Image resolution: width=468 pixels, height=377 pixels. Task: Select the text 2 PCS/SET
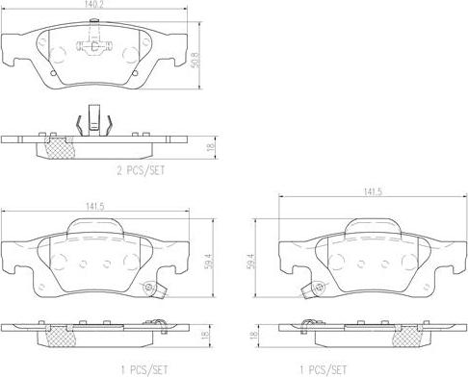point(141,170)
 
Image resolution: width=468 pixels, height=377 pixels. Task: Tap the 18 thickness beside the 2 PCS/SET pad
point(211,147)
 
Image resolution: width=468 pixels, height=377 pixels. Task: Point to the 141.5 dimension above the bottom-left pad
point(95,207)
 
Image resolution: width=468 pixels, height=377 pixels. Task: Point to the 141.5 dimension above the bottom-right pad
point(373,192)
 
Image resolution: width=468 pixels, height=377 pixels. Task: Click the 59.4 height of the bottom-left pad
point(209,262)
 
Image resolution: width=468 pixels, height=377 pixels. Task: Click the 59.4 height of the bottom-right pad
point(251,262)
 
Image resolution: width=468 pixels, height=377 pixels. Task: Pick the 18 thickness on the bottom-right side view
point(253,335)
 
